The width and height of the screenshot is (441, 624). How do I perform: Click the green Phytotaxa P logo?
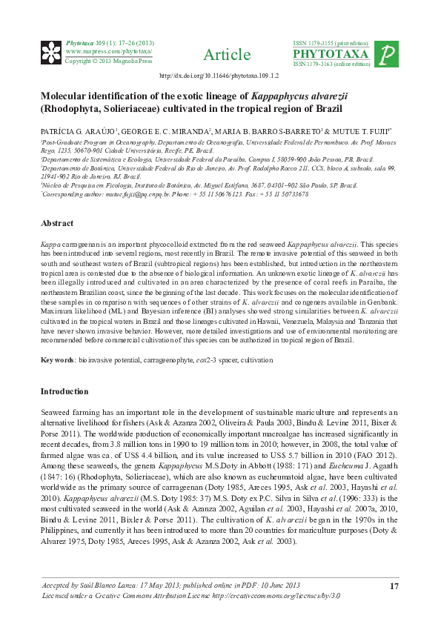pos(386,54)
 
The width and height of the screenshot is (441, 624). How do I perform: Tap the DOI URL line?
pos(219,76)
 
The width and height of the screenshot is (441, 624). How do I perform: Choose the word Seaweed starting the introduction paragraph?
pos(57,411)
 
